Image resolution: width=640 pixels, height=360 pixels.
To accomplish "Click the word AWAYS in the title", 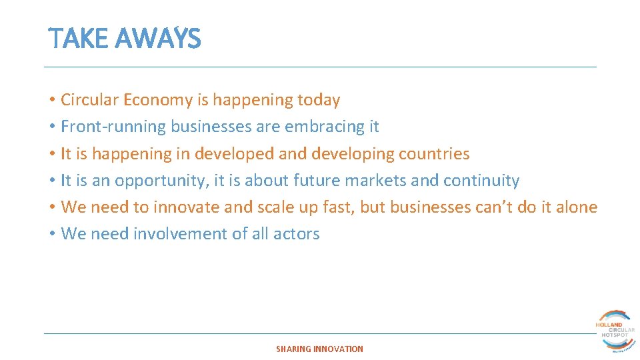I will (157, 39).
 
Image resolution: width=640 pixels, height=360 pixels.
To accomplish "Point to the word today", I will (319, 100).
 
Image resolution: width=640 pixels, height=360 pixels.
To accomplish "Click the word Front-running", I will (113, 127).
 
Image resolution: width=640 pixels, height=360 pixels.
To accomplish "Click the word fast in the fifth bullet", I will (339, 207).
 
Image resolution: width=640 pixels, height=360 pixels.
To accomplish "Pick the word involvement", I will (175, 234).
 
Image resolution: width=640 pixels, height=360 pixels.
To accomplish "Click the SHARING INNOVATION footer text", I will (320, 349).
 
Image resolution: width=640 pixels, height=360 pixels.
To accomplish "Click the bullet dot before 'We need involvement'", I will (51, 234).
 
